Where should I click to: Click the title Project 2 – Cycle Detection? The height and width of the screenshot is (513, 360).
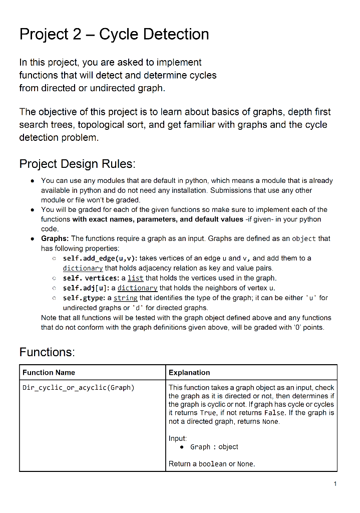pyautogui.click(x=114, y=34)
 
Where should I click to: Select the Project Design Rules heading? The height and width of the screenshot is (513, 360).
pyautogui.click(x=77, y=164)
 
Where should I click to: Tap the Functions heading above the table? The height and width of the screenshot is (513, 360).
pyautogui.click(x=47, y=352)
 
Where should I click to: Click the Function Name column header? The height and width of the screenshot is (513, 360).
pyautogui.click(x=49, y=372)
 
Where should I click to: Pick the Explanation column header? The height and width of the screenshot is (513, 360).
pyautogui.click(x=189, y=372)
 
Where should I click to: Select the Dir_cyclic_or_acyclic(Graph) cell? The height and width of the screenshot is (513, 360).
pyautogui.click(x=79, y=387)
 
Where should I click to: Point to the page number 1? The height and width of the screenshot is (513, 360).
pyautogui.click(x=335, y=483)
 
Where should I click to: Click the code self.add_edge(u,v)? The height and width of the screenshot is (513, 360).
pyautogui.click(x=97, y=258)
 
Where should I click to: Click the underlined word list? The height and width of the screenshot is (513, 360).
pyautogui.click(x=135, y=278)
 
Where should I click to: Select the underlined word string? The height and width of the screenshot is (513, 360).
pyautogui.click(x=126, y=298)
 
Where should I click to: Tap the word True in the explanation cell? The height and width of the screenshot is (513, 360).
pyautogui.click(x=208, y=413)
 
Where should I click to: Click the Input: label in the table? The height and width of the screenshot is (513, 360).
pyautogui.click(x=178, y=438)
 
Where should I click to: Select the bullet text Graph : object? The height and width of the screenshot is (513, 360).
pyautogui.click(x=214, y=447)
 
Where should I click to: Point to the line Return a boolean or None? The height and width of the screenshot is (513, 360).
pyautogui.click(x=212, y=464)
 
